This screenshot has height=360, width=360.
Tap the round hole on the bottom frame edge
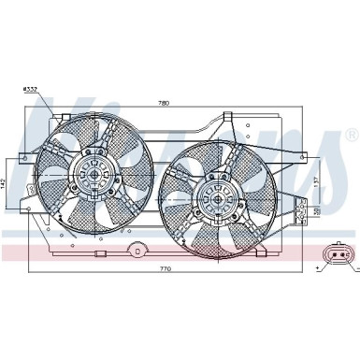pos(137,250)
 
